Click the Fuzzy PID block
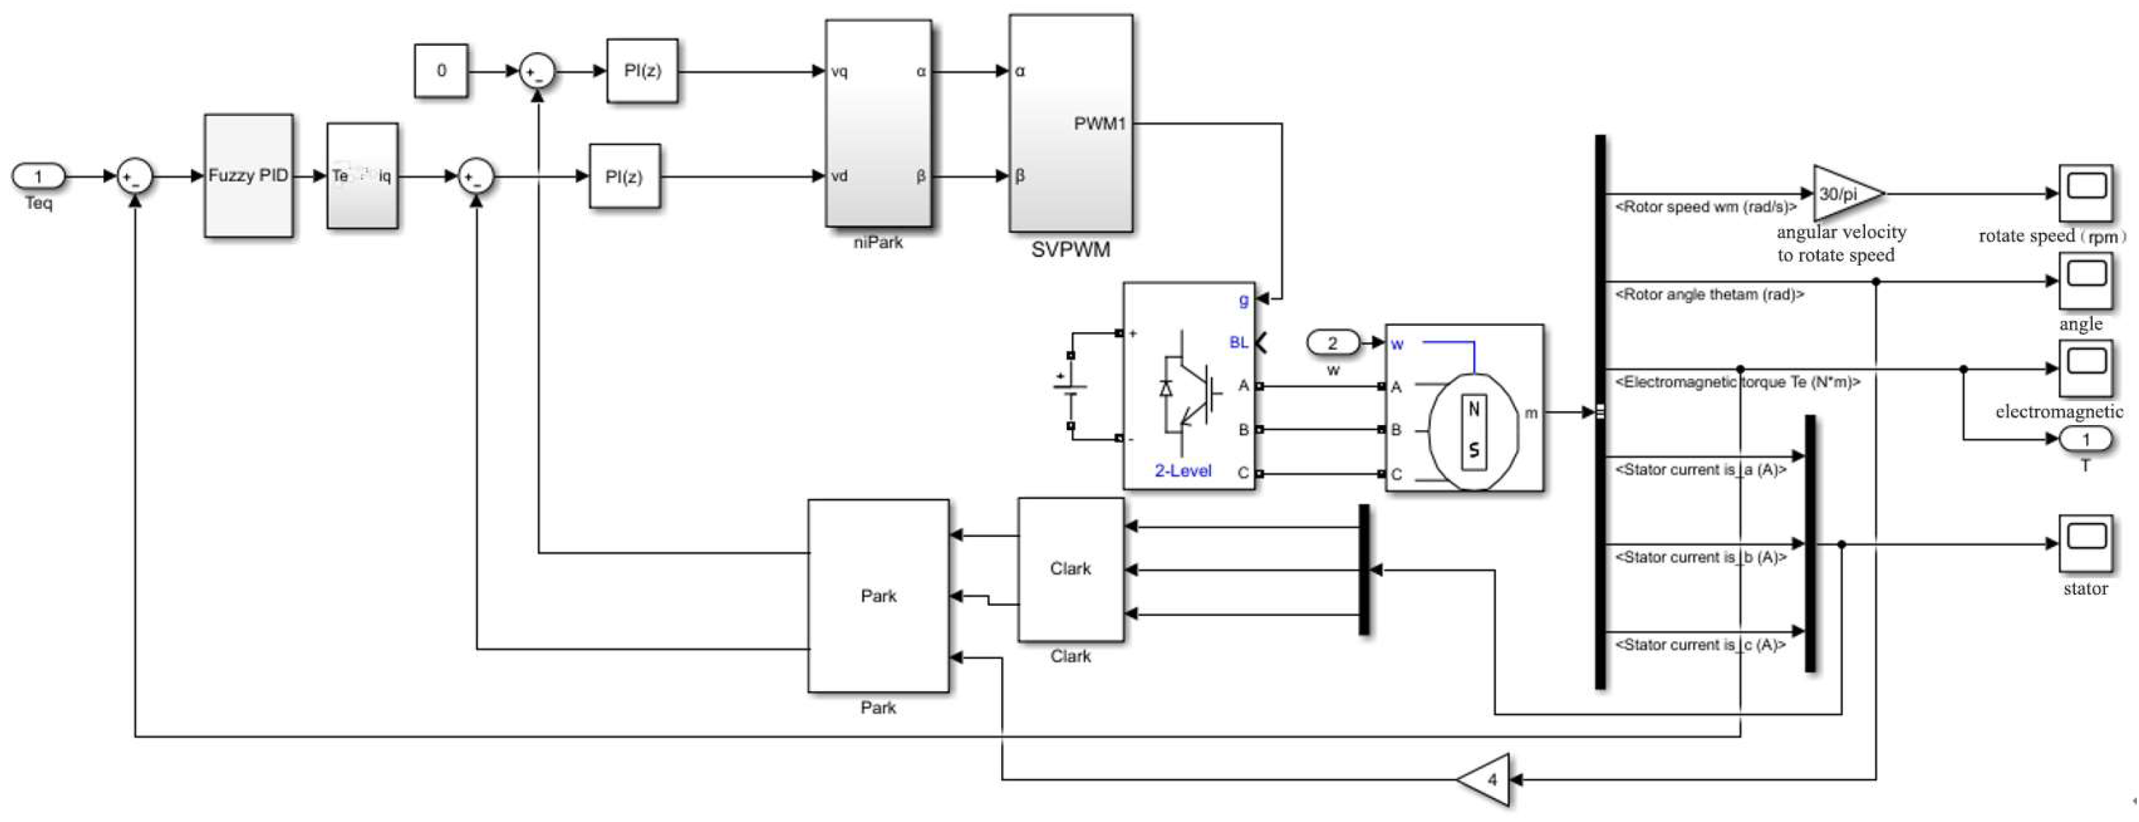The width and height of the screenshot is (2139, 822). click(248, 175)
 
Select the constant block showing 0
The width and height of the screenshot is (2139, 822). click(441, 70)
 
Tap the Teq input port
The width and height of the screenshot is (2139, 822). click(38, 176)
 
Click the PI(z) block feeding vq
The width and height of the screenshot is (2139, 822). click(642, 70)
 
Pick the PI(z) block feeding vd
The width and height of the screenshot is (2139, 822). click(623, 176)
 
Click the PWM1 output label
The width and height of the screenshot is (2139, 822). click(1099, 124)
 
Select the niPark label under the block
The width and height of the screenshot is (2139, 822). click(877, 243)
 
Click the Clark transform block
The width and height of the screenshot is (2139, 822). click(1070, 569)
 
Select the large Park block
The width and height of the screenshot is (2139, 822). click(877, 595)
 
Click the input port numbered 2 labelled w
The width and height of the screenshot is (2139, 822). click(1333, 343)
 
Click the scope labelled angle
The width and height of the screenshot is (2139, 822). click(2085, 281)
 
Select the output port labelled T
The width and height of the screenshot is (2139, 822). click(2085, 439)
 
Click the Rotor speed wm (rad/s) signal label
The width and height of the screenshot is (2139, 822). click(1705, 207)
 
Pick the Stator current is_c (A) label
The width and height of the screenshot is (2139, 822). click(1700, 645)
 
